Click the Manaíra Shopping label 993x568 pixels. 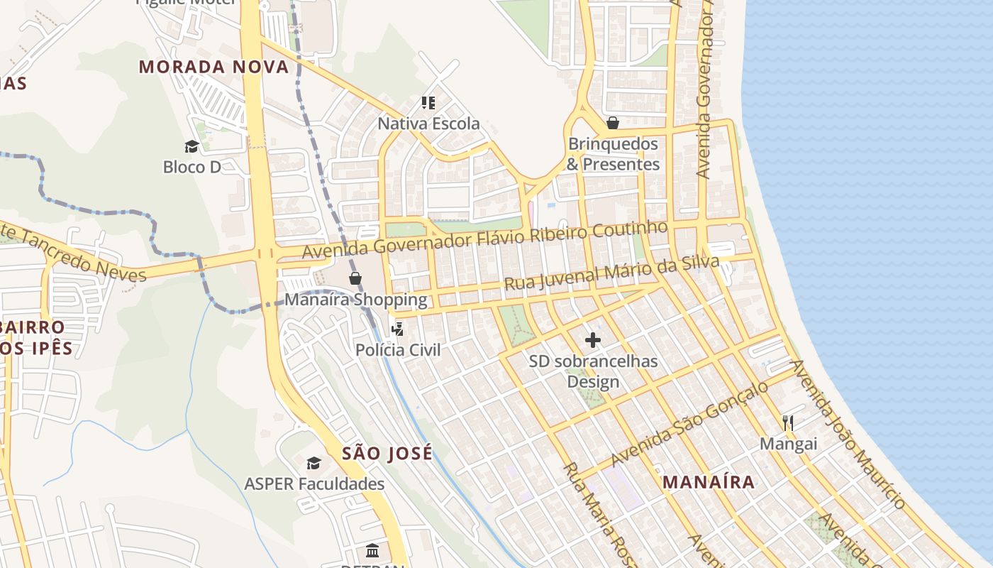tap(356, 300)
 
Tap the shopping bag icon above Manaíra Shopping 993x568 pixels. tap(355, 278)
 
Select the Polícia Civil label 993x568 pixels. tap(398, 350)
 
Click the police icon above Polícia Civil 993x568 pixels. tap(398, 329)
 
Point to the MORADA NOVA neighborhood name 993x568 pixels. tap(213, 67)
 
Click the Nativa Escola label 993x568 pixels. tap(428, 124)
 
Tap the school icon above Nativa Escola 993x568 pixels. tap(428, 103)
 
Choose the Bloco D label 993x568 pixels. tap(192, 168)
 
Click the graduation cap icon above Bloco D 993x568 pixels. tap(192, 146)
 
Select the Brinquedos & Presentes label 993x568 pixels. tap(614, 154)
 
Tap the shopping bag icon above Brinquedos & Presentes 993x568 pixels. tap(613, 123)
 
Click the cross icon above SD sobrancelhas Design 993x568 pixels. tap(593, 340)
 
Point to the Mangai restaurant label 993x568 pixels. tap(788, 444)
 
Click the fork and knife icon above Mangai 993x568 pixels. tap(788, 423)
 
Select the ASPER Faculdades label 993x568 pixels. tap(314, 484)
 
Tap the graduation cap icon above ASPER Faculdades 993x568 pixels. tap(314, 464)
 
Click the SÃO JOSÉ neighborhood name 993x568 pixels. tap(387, 454)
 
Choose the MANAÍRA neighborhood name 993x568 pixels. tap(709, 482)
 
